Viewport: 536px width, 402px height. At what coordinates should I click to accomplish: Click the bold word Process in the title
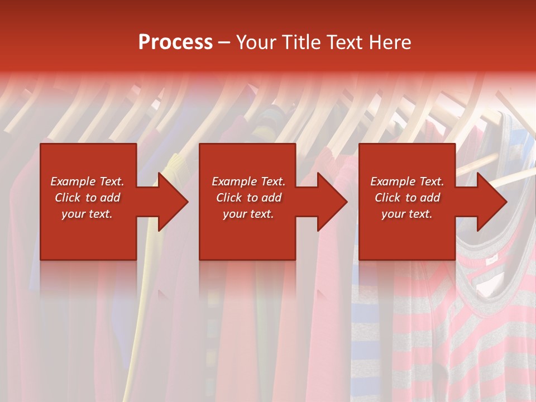click(175, 42)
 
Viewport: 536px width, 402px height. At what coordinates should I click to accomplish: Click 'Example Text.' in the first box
click(87, 181)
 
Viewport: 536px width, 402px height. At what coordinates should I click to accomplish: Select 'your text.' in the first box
click(87, 214)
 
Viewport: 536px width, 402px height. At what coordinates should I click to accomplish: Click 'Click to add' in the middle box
click(248, 198)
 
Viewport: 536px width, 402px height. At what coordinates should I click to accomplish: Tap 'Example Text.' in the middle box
click(248, 181)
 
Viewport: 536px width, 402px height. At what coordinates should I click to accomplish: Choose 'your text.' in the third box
click(407, 214)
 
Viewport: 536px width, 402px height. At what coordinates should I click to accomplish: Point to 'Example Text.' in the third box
click(407, 181)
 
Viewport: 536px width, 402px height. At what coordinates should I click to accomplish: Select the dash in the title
click(224, 42)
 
